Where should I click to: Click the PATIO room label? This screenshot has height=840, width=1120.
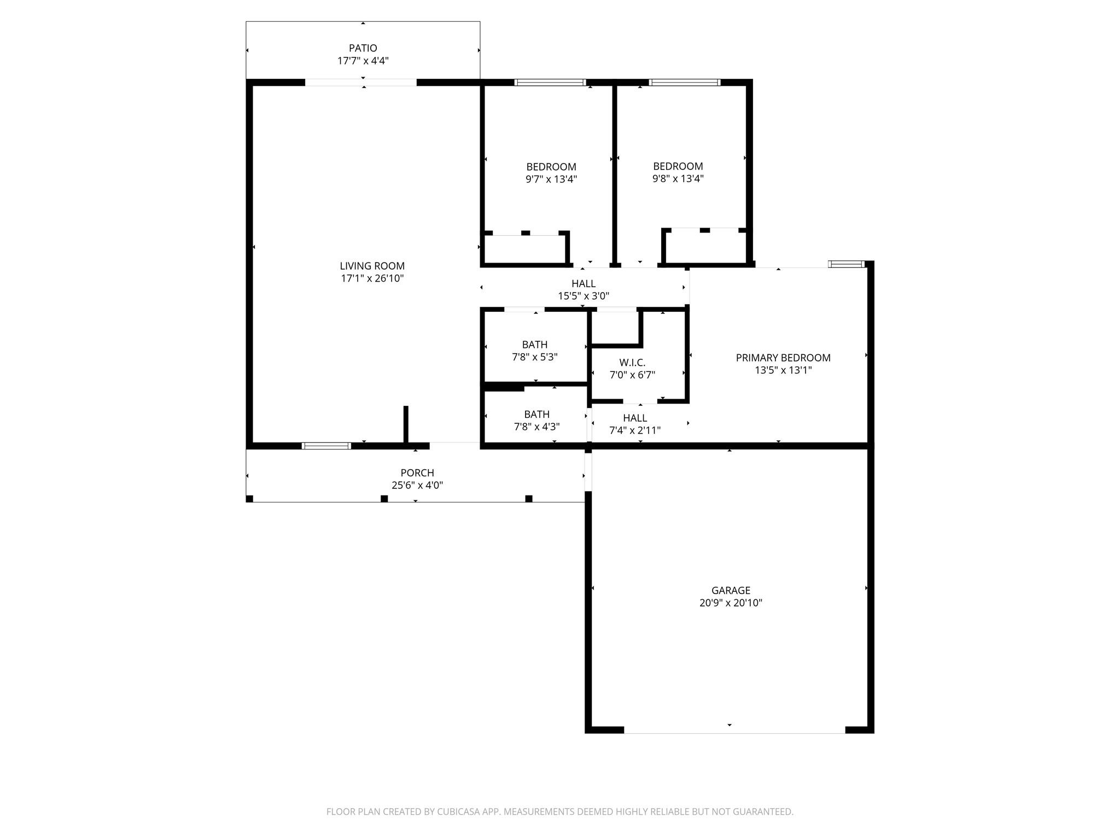pos(363,48)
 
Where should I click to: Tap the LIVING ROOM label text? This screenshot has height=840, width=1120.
pos(372,266)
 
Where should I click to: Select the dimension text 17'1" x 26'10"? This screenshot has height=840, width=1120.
pos(372,278)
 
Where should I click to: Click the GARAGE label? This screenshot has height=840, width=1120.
pos(731,590)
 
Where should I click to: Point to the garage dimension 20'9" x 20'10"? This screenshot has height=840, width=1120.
pos(731,603)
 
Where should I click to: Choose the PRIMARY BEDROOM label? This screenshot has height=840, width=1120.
pos(783,358)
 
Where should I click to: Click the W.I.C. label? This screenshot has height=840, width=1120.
pos(632,363)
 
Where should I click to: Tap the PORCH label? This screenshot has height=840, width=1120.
pos(417,472)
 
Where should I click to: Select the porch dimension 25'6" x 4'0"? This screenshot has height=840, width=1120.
pos(417,485)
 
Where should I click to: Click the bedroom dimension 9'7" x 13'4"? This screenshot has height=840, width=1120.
pos(551,179)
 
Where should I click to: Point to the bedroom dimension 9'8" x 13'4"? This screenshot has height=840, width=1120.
pos(678,178)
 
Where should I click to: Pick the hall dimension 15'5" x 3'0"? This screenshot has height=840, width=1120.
pos(584,296)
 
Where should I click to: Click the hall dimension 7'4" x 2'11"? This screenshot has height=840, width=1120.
pos(635,430)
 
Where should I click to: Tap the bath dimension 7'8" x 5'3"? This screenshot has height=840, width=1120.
pos(535,357)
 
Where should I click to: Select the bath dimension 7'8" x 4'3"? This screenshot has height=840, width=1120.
pos(537,427)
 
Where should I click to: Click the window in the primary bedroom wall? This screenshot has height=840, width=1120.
pos(847,264)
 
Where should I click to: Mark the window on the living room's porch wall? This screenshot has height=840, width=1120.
pos(326,446)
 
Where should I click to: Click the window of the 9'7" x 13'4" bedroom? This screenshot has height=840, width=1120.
pos(550,83)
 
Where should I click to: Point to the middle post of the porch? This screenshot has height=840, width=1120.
pos(384,499)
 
